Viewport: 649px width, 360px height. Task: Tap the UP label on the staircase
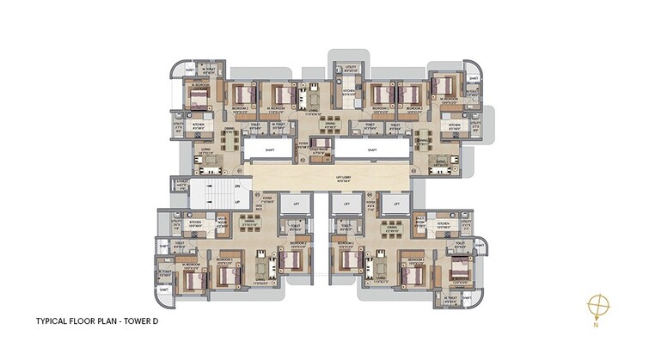(238, 202)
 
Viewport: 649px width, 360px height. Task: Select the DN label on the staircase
(238, 186)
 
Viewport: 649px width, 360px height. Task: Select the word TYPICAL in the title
(52, 321)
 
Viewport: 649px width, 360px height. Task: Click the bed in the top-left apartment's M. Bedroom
(199, 99)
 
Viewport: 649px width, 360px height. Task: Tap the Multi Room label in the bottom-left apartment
(222, 222)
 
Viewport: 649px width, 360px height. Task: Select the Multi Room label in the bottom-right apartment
(419, 222)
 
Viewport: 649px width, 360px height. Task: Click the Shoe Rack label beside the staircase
(259, 206)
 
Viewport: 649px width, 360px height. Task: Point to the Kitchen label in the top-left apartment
(199, 125)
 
